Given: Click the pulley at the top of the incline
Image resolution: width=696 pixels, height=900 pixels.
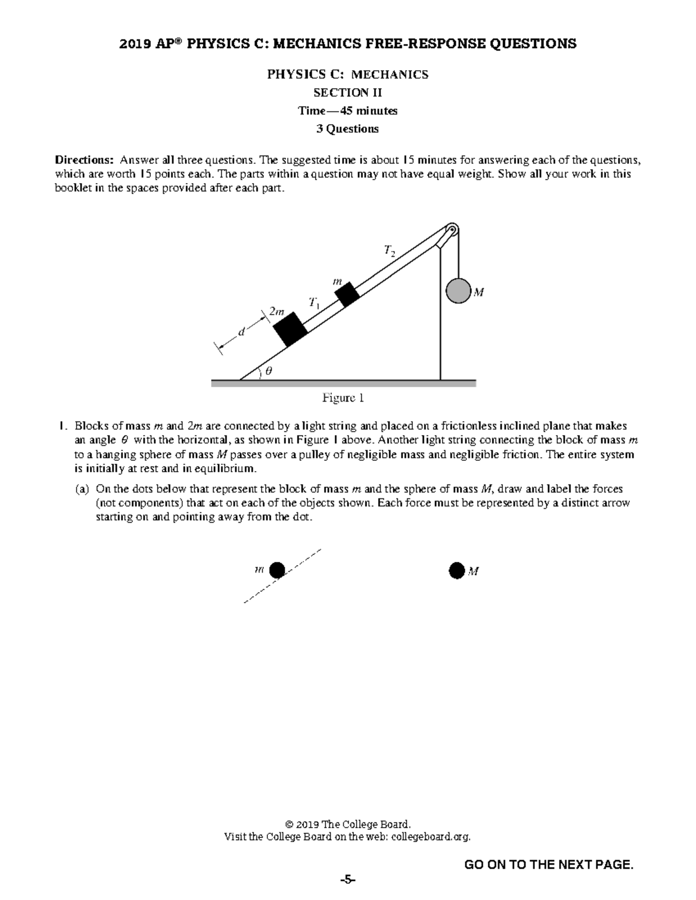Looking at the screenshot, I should pyautogui.click(x=451, y=229).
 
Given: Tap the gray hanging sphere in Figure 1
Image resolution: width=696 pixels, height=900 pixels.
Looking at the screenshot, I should pyautogui.click(x=458, y=291).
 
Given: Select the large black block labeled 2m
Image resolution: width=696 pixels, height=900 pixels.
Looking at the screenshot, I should pyautogui.click(x=291, y=329).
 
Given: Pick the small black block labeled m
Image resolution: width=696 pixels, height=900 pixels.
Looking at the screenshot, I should pyautogui.click(x=347, y=294).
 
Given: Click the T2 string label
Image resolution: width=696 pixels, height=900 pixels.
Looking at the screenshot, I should pyautogui.click(x=389, y=250).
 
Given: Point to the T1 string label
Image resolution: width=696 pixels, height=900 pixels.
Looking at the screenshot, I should pyautogui.click(x=314, y=302).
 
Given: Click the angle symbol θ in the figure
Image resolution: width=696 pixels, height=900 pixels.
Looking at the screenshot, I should pyautogui.click(x=268, y=371).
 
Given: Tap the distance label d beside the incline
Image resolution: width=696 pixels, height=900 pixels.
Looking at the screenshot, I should pyautogui.click(x=241, y=332).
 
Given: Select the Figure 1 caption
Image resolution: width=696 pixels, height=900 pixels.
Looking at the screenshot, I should pyautogui.click(x=343, y=398).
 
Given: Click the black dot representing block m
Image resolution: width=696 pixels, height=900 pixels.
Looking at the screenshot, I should pyautogui.click(x=277, y=570).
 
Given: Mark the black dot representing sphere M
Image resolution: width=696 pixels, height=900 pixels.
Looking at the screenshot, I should pyautogui.click(x=456, y=571).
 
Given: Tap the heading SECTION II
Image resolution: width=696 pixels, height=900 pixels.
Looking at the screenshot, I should pyautogui.click(x=347, y=93).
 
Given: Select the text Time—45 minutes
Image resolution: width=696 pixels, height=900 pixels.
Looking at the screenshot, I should pyautogui.click(x=347, y=111).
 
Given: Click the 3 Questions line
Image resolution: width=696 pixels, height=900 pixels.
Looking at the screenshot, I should pyautogui.click(x=347, y=129).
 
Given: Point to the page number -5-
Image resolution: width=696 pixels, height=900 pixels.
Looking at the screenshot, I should pyautogui.click(x=347, y=880).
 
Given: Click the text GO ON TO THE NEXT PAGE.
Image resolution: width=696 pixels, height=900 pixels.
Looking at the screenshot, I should pyautogui.click(x=549, y=865).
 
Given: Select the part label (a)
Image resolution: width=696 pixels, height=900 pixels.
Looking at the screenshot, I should pyautogui.click(x=82, y=489).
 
